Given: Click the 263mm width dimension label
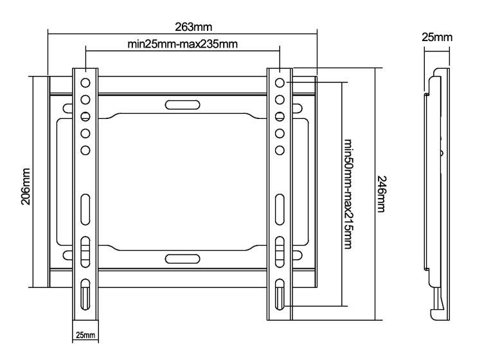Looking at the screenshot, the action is [193, 27].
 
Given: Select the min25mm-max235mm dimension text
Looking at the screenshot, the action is [183, 44].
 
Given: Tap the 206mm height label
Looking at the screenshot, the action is [26, 186].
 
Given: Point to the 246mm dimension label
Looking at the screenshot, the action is [381, 194].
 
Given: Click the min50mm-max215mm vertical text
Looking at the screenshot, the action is [348, 194].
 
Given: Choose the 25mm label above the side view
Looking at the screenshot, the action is [437, 37].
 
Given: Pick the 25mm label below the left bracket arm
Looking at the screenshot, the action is [85, 335].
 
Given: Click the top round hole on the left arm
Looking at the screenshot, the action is [85, 83].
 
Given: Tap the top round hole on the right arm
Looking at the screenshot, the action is [280, 83].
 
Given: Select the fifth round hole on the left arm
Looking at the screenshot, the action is [85, 150].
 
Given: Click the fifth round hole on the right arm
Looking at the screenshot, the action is [280, 150].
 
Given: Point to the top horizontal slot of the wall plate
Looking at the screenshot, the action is [183, 105].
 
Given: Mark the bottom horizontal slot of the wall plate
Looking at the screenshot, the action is [183, 259].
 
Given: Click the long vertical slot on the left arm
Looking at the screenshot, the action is [85, 210].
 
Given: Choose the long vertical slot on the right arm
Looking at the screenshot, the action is [280, 210].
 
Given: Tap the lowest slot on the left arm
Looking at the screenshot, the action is [85, 294].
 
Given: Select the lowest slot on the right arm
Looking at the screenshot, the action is [280, 294].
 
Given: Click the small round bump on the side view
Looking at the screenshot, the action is [442, 153].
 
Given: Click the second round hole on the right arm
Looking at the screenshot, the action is [280, 100].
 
